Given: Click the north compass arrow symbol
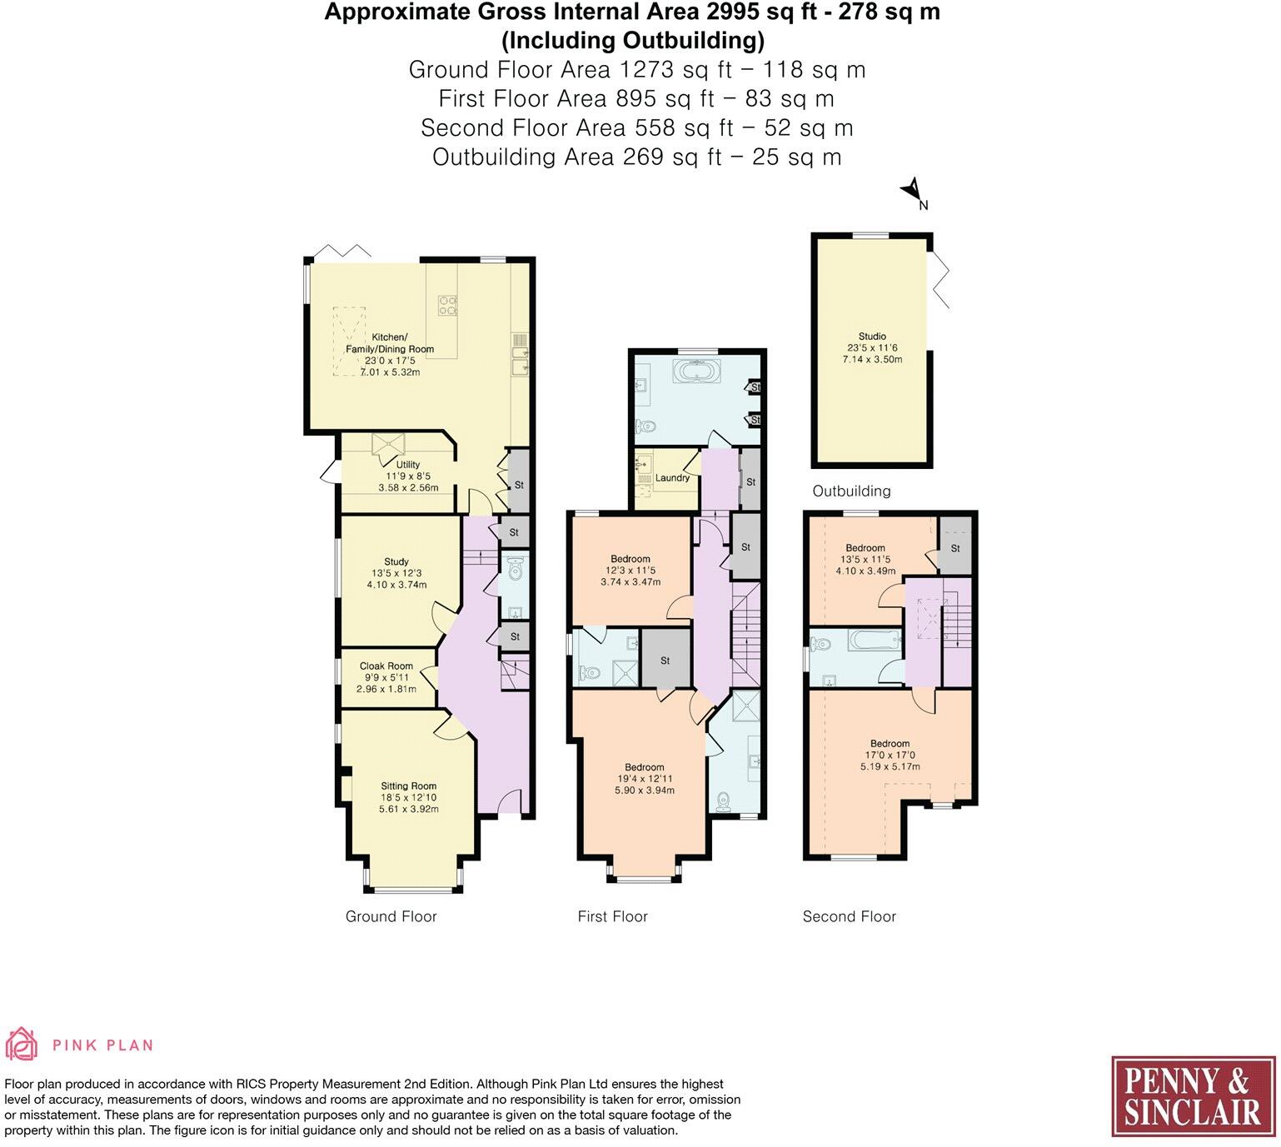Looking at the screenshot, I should [x=912, y=191].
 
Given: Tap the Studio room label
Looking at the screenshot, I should [x=872, y=337].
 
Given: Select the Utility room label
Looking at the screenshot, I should [x=408, y=465].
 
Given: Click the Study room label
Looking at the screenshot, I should [x=396, y=562].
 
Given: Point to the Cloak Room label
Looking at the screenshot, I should [x=386, y=666].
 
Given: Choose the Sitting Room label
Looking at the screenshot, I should [x=408, y=786].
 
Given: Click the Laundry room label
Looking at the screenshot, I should [x=672, y=478].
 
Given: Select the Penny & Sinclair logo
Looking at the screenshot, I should [x=1193, y=1096].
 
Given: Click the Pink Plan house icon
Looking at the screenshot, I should [x=22, y=1045].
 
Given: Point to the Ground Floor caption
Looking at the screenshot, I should [x=391, y=917].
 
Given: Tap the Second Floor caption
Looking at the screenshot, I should [x=849, y=917].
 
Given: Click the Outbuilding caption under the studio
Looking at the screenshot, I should [x=851, y=491].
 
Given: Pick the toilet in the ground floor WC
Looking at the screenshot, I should [x=515, y=570].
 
